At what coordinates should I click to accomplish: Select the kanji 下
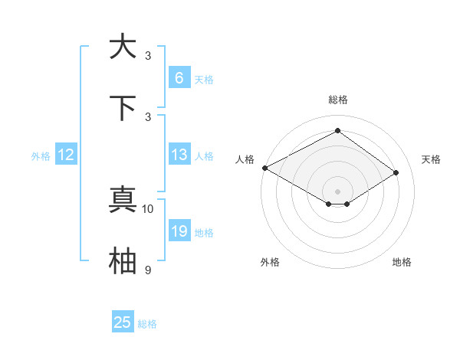[x=123, y=107]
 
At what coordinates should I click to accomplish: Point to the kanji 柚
[x=123, y=260]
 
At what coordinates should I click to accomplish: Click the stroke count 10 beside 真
[x=148, y=208]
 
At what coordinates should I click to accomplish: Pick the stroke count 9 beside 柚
[x=148, y=270]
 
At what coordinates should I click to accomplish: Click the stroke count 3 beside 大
[x=148, y=55]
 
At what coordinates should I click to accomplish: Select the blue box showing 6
[x=179, y=78]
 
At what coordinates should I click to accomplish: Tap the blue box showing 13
[x=179, y=155]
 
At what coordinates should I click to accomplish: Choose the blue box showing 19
[x=179, y=231]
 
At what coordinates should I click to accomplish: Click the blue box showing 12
[x=65, y=155]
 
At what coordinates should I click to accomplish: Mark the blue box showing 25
[x=122, y=322]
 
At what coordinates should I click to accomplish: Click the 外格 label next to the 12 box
[x=41, y=155]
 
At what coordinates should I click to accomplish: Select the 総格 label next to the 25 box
[x=147, y=324]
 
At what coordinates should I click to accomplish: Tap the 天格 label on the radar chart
[x=431, y=159]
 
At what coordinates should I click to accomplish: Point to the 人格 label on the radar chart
[x=245, y=159]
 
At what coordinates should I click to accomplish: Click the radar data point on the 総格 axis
[x=337, y=131]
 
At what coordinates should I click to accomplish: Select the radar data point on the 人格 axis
[x=264, y=168]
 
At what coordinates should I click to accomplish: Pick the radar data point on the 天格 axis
[x=396, y=173]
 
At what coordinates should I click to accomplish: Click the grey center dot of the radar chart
[x=337, y=191]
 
